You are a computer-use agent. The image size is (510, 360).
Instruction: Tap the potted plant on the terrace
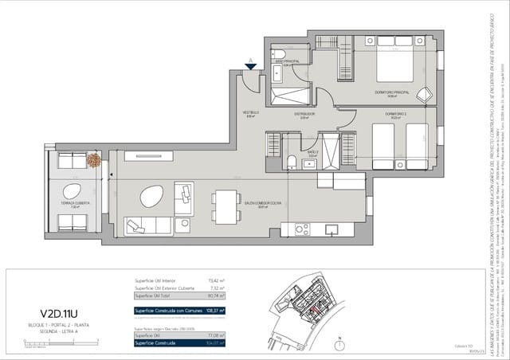coord(93,160)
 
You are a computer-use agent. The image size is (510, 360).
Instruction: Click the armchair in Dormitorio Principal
coord(423,94)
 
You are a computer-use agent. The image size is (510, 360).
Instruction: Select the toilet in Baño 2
coord(292,162)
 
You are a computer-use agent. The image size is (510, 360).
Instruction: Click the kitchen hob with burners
coord(302,229)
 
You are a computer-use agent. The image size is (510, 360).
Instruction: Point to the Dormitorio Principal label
coord(391,92)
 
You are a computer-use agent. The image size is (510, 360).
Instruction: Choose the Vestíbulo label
coord(252,113)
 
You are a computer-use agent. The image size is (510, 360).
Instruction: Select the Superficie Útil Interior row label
coord(159,281)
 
